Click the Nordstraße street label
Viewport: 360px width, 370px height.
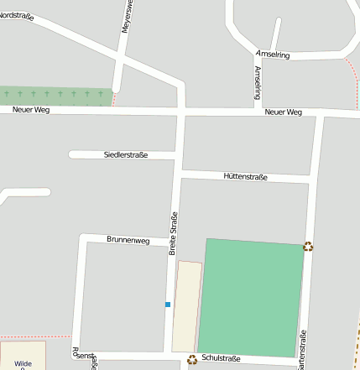17,15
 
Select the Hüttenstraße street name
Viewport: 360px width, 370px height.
245,176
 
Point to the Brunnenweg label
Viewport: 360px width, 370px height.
128,240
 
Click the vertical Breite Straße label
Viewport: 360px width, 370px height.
174,232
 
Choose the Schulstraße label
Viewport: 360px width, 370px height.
221,358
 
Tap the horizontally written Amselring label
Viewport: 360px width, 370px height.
273,55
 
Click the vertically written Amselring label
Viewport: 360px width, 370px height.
258,81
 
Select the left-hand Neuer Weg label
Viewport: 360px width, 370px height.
31,110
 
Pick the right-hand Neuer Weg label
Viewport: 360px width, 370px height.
283,112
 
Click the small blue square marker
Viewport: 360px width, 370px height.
168,304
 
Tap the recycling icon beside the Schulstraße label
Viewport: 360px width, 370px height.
192,359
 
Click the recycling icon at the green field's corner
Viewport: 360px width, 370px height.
308,247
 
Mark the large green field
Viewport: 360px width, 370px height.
250,298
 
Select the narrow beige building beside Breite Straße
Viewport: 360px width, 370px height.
186,306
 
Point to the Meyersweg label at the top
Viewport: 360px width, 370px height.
128,17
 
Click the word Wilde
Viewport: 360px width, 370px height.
23,363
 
